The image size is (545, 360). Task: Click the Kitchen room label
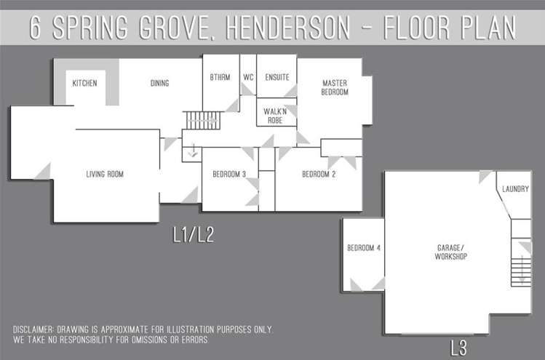pyautogui.click(x=84, y=84)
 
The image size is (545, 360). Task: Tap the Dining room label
pyautogui.click(x=159, y=84)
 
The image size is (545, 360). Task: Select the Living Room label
pyautogui.click(x=105, y=174)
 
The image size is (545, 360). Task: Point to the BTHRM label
pyautogui.click(x=220, y=77)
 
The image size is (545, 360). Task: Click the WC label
pyautogui.click(x=248, y=77)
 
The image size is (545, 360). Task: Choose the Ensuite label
pyautogui.click(x=277, y=77)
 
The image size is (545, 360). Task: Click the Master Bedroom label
pyautogui.click(x=335, y=88)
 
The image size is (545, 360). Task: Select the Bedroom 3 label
pyautogui.click(x=229, y=174)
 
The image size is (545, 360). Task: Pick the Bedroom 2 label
pyautogui.click(x=319, y=174)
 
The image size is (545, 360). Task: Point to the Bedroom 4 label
pyautogui.click(x=364, y=248)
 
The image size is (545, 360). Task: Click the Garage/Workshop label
pyautogui.click(x=450, y=252)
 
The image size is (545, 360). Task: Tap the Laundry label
pyautogui.click(x=514, y=189)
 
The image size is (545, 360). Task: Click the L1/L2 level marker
pyautogui.click(x=194, y=235)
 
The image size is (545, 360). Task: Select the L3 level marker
pyautogui.click(x=458, y=347)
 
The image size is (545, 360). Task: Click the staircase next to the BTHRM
pyautogui.click(x=201, y=120)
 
